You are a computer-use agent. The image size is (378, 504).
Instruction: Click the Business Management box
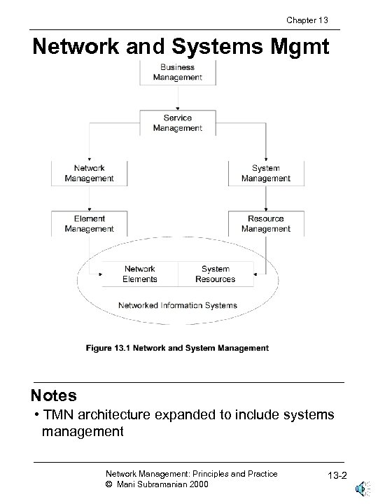click(x=178, y=71)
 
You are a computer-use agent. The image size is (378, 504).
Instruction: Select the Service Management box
click(x=178, y=122)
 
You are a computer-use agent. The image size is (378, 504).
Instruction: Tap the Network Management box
click(x=89, y=173)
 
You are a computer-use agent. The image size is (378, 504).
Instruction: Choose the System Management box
click(x=265, y=173)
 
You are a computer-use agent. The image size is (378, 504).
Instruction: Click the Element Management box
click(x=89, y=223)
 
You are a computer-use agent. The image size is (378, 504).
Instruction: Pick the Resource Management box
click(x=265, y=223)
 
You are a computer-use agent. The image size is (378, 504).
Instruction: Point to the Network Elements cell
click(x=140, y=274)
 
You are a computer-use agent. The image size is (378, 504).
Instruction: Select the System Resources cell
click(x=215, y=274)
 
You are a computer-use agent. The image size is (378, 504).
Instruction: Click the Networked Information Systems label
click(x=178, y=305)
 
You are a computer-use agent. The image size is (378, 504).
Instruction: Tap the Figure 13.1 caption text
click(x=177, y=348)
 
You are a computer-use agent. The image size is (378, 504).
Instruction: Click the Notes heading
click(x=54, y=395)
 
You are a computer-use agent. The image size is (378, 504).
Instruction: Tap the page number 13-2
click(x=330, y=478)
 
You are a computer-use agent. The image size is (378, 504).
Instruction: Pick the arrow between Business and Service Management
click(x=178, y=97)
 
